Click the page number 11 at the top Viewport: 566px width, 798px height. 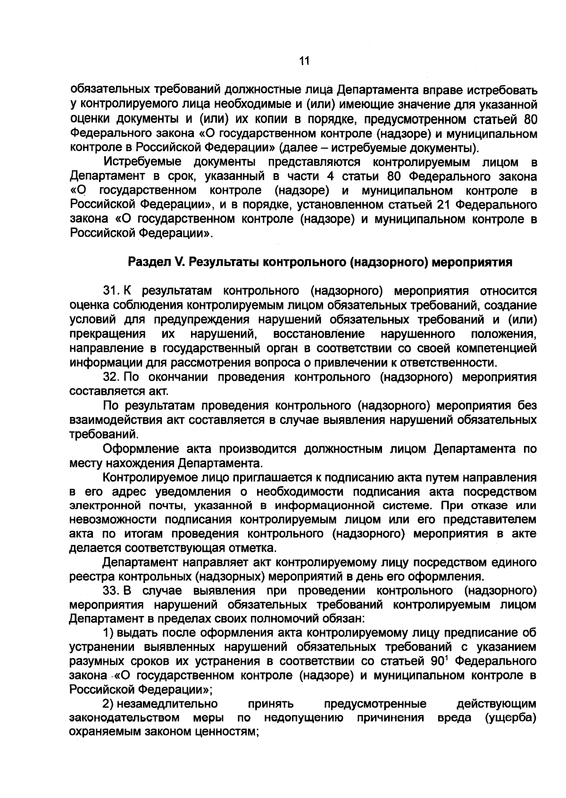click(303, 61)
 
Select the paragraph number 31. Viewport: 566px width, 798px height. click(110, 291)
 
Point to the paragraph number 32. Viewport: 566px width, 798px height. click(110, 377)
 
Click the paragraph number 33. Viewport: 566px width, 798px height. click(110, 590)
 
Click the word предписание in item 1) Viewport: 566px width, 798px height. click(482, 632)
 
